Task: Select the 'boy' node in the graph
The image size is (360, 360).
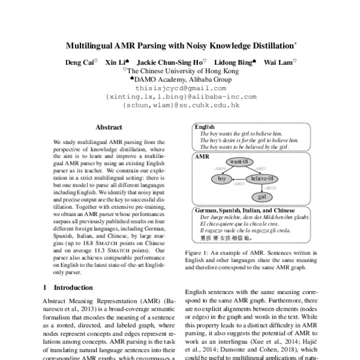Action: click(222, 179)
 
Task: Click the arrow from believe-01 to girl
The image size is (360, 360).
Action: click(262, 188)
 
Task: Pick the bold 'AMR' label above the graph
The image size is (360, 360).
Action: click(202, 155)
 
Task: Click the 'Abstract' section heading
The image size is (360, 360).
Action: click(109, 127)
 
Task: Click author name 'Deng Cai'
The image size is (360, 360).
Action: click(79, 61)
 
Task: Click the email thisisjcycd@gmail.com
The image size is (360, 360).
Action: click(180, 87)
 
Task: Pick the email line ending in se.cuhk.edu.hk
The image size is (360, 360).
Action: click(181, 104)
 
